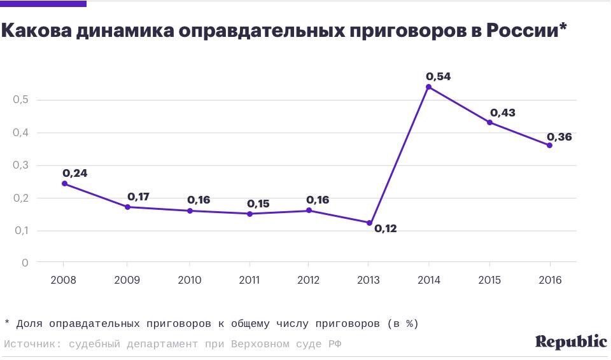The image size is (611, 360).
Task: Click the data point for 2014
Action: pyautogui.click(x=428, y=87)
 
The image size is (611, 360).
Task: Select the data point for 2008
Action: pyautogui.click(x=64, y=184)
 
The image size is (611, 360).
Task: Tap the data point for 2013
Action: pyautogui.click(x=369, y=223)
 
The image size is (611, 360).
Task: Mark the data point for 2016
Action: pyautogui.click(x=549, y=145)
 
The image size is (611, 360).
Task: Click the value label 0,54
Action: pyautogui.click(x=439, y=76)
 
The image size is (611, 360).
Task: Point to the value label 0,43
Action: pyautogui.click(x=502, y=113)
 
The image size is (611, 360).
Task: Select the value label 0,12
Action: pyautogui.click(x=385, y=228)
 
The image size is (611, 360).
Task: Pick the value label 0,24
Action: pyautogui.click(x=74, y=173)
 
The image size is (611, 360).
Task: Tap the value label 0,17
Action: pyautogui.click(x=138, y=197)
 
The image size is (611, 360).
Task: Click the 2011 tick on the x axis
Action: pyautogui.click(x=249, y=280)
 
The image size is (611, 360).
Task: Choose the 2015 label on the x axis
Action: pyautogui.click(x=489, y=280)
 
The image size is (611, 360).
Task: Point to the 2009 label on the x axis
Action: pyautogui.click(x=127, y=280)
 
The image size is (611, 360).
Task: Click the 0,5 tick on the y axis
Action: pyautogui.click(x=20, y=100)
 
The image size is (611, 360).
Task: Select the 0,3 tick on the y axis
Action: pyautogui.click(x=20, y=165)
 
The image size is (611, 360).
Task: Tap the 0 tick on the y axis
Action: pyautogui.click(x=25, y=263)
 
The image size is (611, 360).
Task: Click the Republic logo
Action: pyautogui.click(x=571, y=342)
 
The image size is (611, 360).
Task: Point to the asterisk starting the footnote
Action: pyautogui.click(x=6, y=323)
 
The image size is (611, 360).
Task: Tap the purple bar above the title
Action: pyautogui.click(x=43, y=4)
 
